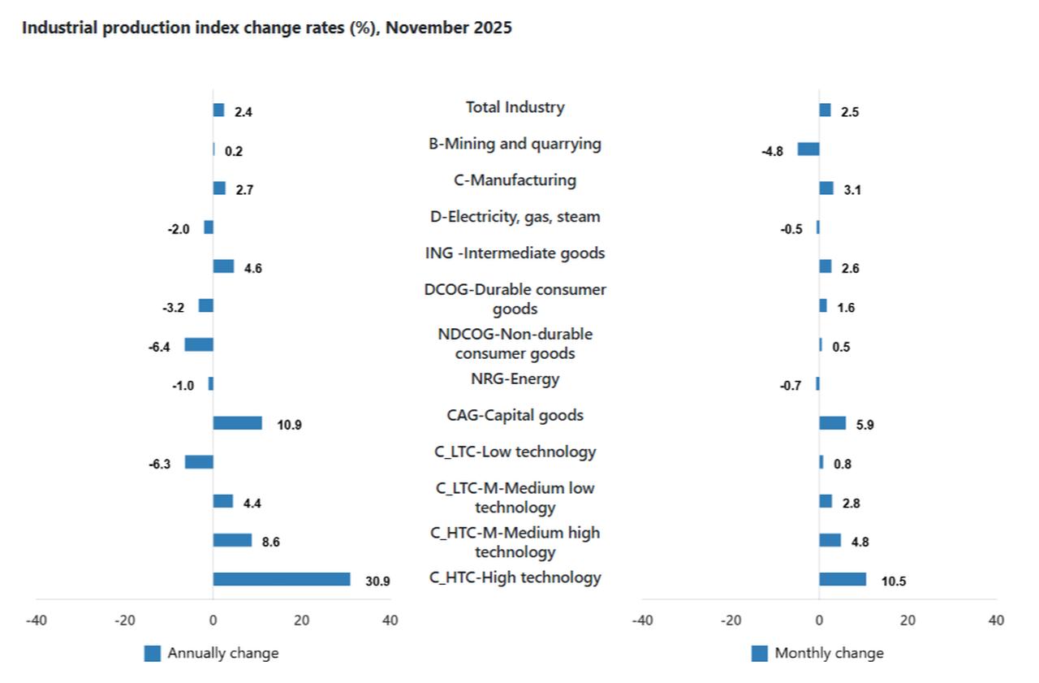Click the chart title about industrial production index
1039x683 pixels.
click(x=266, y=28)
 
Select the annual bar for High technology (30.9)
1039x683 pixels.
click(x=281, y=579)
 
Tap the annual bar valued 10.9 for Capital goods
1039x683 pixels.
click(x=237, y=423)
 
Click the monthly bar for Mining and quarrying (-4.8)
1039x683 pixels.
click(x=808, y=149)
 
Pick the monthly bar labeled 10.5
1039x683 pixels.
click(x=842, y=579)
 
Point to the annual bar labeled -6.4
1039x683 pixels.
click(x=199, y=344)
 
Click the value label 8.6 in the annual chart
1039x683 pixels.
click(x=270, y=542)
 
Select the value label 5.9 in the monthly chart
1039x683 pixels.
click(x=865, y=425)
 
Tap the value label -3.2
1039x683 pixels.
click(x=173, y=308)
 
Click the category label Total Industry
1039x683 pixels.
click(x=515, y=107)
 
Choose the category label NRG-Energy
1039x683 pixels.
click(x=515, y=378)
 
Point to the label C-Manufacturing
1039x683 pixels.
click(x=515, y=180)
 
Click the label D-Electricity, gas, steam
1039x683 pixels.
click(x=515, y=217)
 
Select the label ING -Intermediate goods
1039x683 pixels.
click(x=515, y=253)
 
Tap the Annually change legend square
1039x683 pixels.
click(x=152, y=653)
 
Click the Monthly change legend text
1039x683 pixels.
click(x=829, y=653)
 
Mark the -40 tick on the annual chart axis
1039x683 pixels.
click(x=36, y=620)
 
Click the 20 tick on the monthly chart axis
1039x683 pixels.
click(x=908, y=620)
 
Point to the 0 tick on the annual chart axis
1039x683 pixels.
click(x=213, y=620)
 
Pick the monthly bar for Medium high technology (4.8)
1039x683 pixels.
click(x=830, y=540)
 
